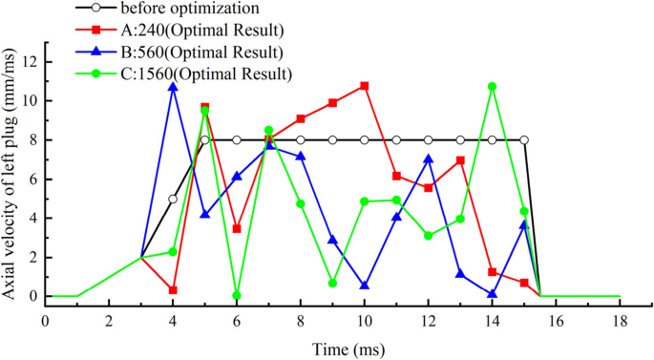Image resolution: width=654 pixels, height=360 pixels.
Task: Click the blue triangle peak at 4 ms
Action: coord(173,87)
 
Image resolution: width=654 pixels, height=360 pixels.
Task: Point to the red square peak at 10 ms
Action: coord(365,86)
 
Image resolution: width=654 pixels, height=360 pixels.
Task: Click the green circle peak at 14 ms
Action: coord(492,86)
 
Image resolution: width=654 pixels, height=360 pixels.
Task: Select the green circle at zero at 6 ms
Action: coord(237,295)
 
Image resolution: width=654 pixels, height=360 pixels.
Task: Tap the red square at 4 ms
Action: coord(173,289)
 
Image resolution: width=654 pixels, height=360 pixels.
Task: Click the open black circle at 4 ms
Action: coord(173,199)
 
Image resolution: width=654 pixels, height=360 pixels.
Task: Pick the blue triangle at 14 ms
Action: coord(492,294)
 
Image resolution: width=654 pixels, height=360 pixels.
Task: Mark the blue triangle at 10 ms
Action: coord(365,286)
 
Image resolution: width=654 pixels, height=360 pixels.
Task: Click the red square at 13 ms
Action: coord(460,160)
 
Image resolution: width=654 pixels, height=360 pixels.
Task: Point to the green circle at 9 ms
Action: coord(332,283)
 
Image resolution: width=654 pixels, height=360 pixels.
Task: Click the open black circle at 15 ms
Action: coord(524,140)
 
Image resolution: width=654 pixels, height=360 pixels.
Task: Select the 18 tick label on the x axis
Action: coord(620,320)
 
